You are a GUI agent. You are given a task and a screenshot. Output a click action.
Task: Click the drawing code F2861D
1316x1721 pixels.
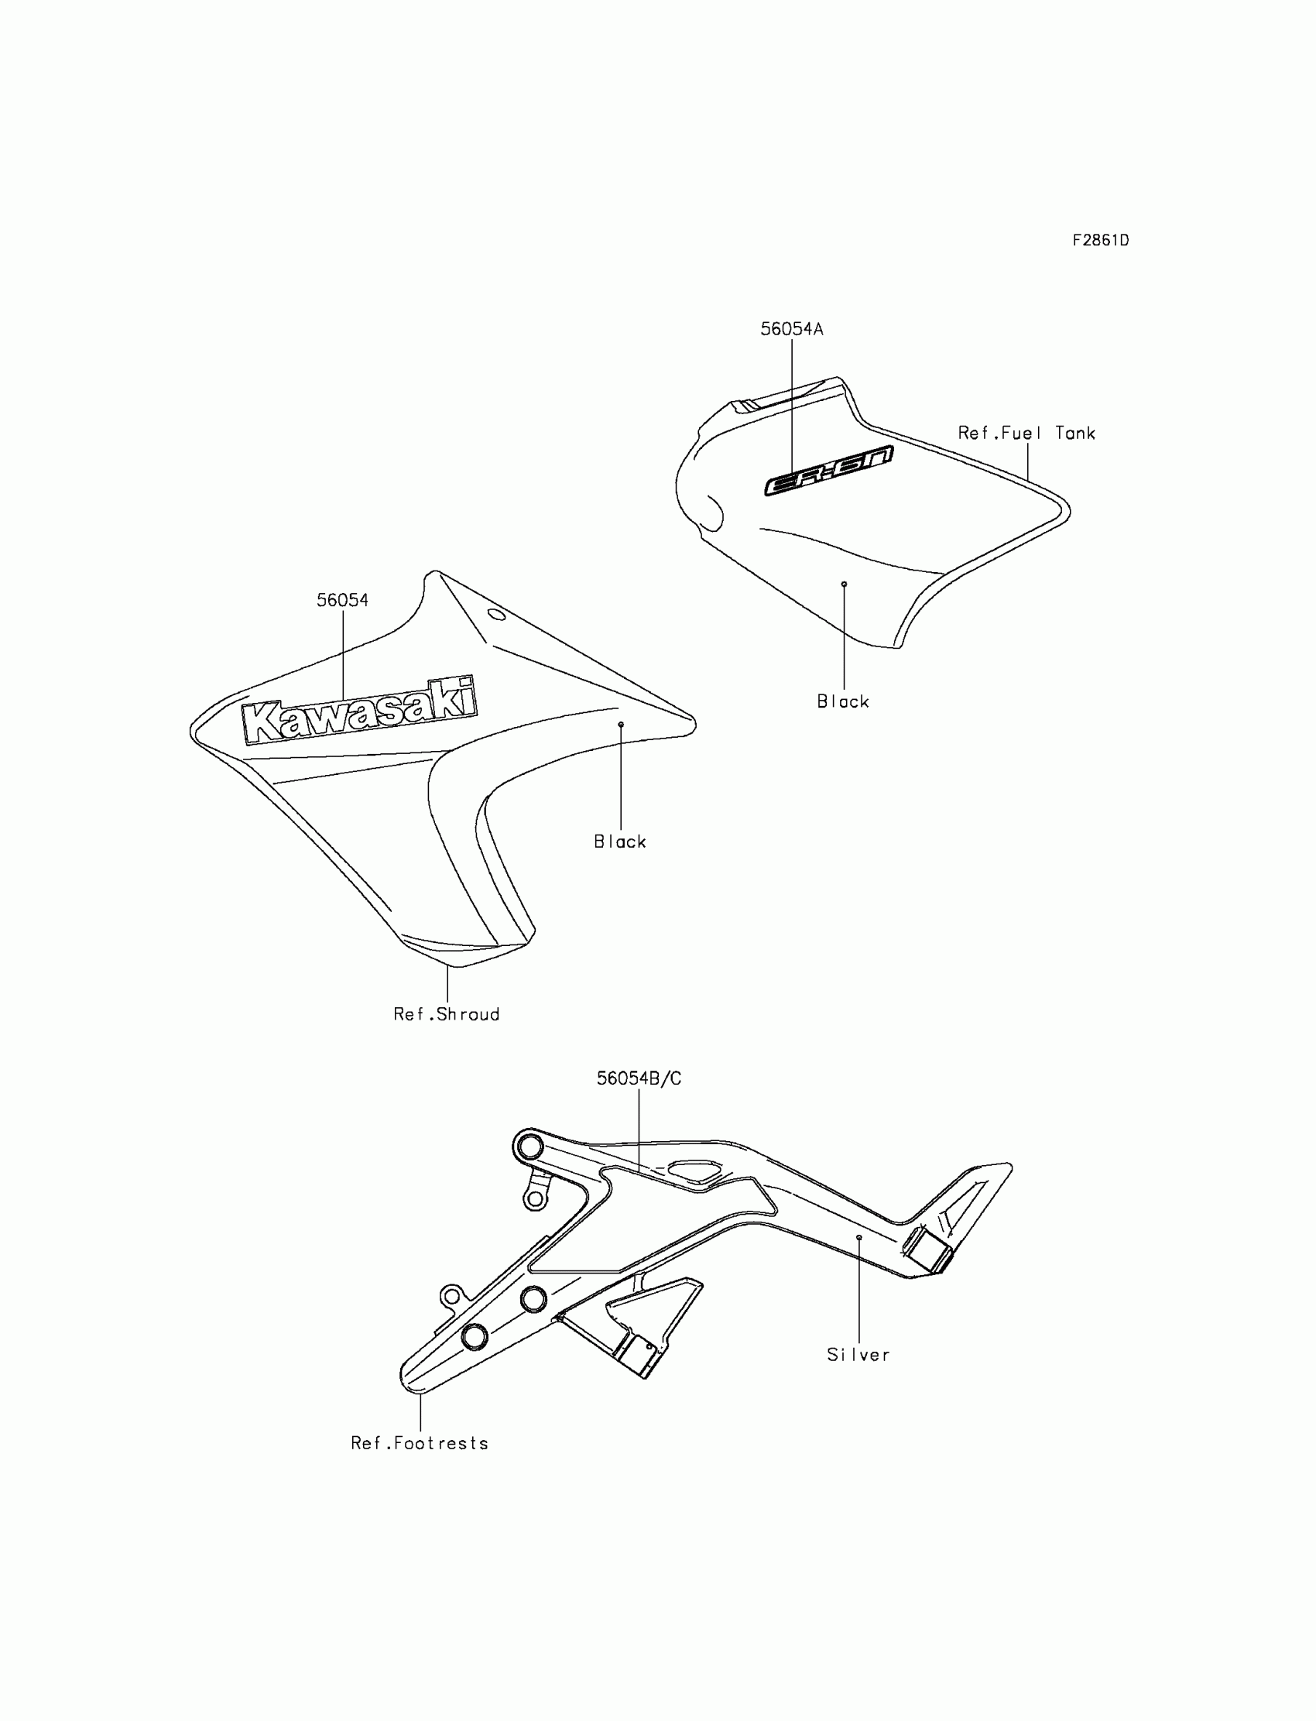coord(1100,241)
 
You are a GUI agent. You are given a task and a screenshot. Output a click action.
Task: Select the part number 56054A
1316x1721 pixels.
coord(791,329)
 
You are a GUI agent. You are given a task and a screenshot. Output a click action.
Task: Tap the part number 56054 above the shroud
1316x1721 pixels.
coord(342,600)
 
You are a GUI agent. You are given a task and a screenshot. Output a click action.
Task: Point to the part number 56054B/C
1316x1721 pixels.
coord(639,1078)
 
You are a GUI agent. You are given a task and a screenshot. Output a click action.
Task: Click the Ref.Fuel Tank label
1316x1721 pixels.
coord(1026,434)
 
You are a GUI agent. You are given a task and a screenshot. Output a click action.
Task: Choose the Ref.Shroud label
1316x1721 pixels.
coord(447,1014)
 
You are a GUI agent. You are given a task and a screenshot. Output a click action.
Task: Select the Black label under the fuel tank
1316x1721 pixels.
coord(843,702)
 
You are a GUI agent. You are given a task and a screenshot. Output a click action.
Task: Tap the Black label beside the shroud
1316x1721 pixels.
coord(619,842)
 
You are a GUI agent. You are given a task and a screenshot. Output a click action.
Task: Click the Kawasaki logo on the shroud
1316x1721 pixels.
coord(359,712)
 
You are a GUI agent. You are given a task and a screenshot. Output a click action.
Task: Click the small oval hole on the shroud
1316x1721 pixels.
coord(497,615)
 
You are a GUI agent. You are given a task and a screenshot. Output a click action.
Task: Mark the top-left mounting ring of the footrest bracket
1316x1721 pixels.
coord(529,1148)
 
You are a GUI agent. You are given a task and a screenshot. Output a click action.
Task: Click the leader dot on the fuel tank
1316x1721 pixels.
coord(844,584)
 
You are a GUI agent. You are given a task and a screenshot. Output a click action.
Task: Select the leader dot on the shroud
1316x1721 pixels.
coord(620,725)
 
